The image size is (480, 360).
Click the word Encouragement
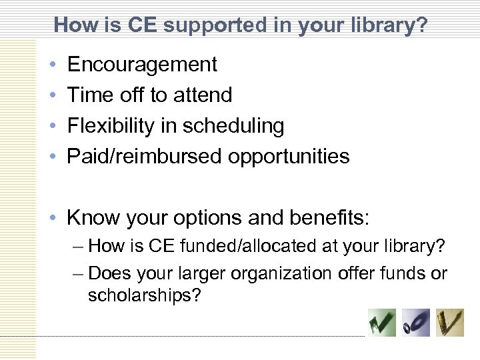click(142, 65)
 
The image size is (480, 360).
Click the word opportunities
click(289, 156)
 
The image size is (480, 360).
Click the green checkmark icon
click(382, 323)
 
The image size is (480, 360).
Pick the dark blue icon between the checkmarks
click(416, 323)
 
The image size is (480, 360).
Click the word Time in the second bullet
click(91, 95)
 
